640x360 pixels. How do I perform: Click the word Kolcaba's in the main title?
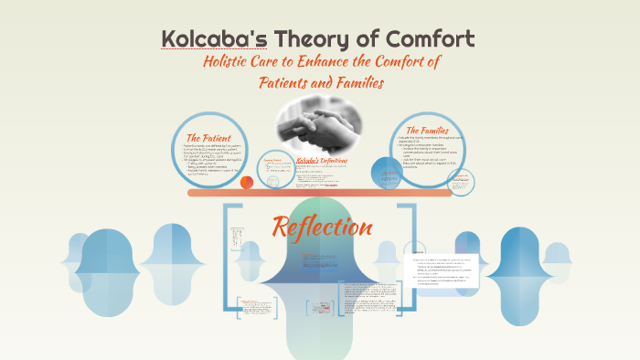pyautogui.click(x=203, y=39)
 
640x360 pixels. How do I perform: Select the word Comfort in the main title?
pyautogui.click(x=431, y=39)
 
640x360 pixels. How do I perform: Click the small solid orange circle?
pyautogui.click(x=246, y=182)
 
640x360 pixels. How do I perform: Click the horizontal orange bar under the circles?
pyautogui.click(x=319, y=193)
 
